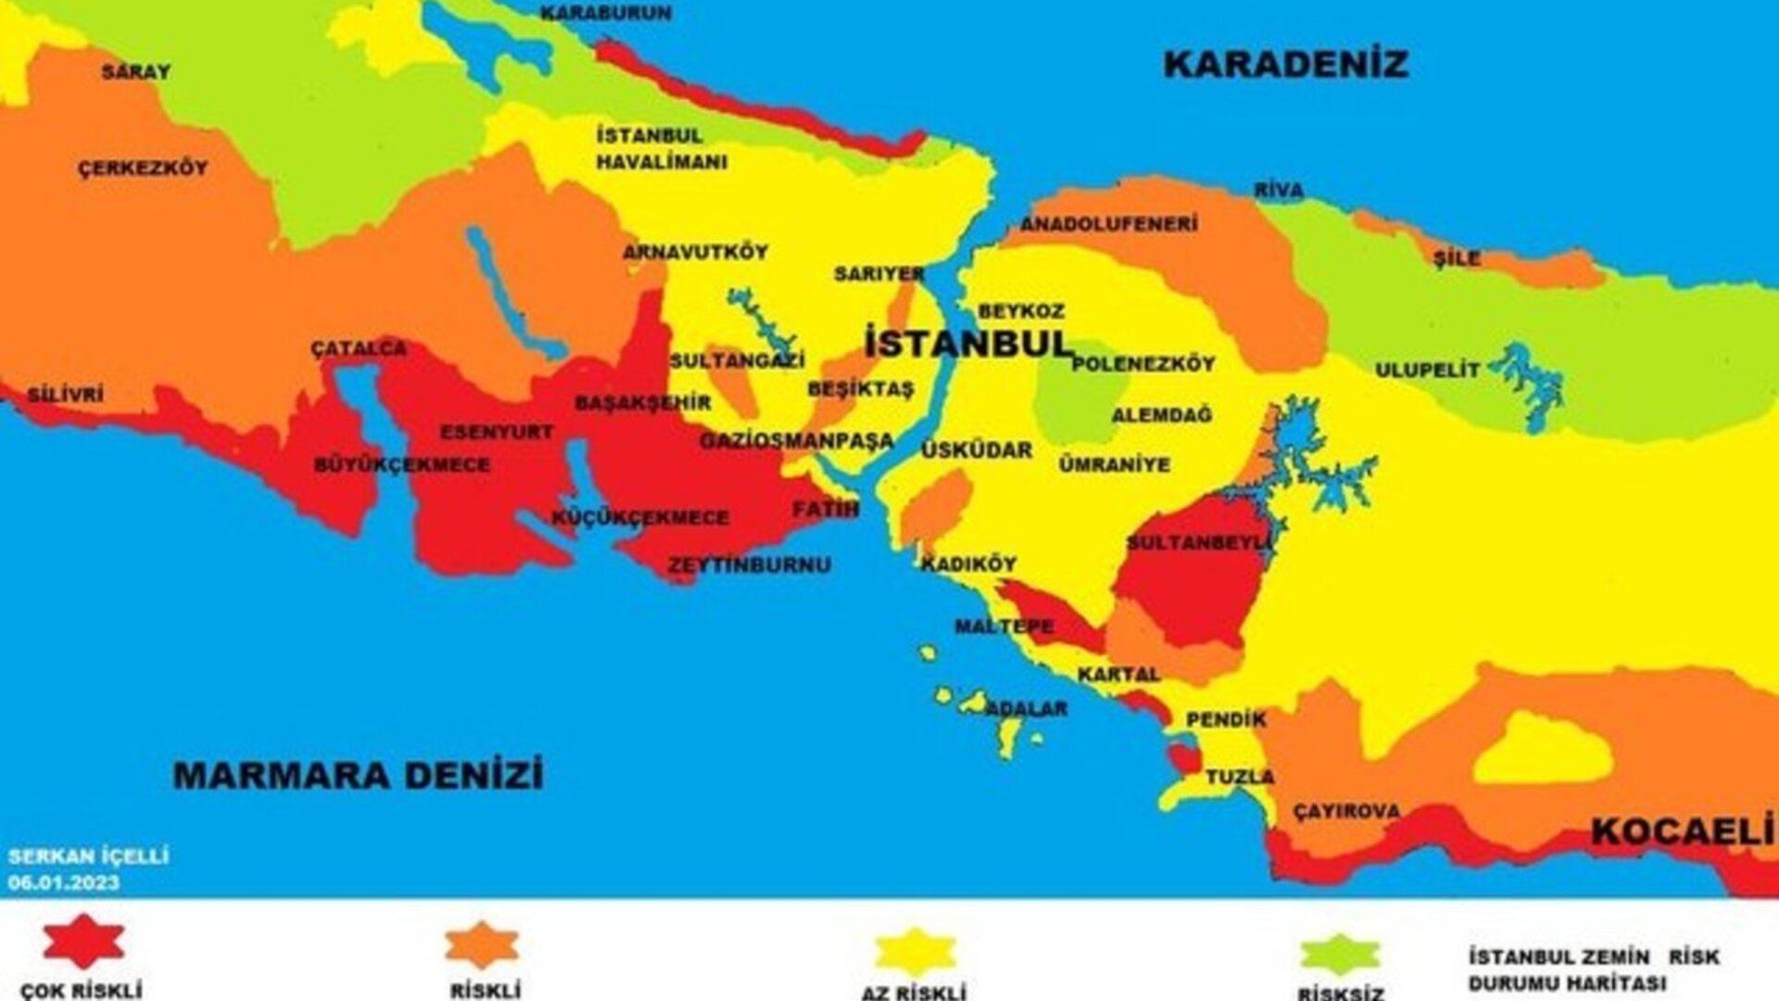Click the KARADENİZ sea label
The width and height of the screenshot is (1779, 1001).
pyautogui.click(x=1285, y=65)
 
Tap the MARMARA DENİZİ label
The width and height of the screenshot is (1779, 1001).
pyautogui.click(x=359, y=775)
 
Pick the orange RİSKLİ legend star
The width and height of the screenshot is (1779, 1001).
pyautogui.click(x=482, y=945)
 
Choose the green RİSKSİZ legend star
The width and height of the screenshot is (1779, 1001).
pyautogui.click(x=1340, y=955)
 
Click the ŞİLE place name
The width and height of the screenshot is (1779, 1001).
pyautogui.click(x=1457, y=259)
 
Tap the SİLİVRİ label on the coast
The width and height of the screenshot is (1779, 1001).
pyautogui.click(x=65, y=395)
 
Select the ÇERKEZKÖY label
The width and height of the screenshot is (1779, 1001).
pyautogui.click(x=143, y=169)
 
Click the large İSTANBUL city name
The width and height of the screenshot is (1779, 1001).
pyautogui.click(x=968, y=344)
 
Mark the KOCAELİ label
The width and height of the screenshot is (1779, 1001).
pyautogui.click(x=1682, y=832)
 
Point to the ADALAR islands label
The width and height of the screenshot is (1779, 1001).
pyautogui.click(x=1026, y=709)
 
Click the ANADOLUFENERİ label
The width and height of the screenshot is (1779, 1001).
pyautogui.click(x=1108, y=224)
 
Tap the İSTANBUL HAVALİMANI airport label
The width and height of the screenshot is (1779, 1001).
pyautogui.click(x=661, y=148)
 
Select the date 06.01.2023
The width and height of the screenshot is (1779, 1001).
pyautogui.click(x=63, y=883)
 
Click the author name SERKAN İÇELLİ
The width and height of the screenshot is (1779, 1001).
pyautogui.click(x=88, y=856)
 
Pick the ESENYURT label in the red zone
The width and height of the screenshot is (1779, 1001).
pyautogui.click(x=497, y=432)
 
